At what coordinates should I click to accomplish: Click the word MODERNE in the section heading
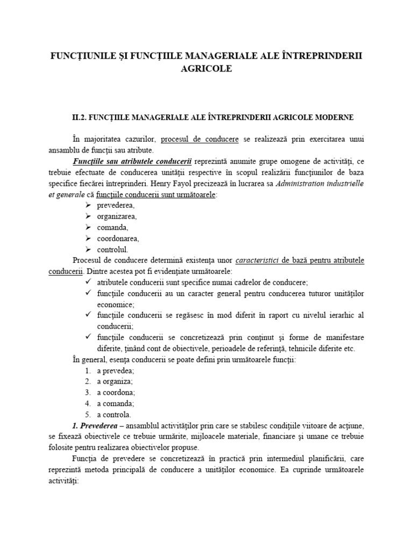(332, 117)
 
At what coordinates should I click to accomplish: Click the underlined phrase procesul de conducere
(200, 139)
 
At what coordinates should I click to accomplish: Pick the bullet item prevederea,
(116, 206)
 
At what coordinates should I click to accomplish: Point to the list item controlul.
(112, 250)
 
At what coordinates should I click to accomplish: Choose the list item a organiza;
(115, 381)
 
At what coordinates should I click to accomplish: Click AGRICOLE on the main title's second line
(206, 69)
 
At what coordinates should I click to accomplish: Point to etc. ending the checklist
(350, 349)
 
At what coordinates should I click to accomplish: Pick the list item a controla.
(113, 415)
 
